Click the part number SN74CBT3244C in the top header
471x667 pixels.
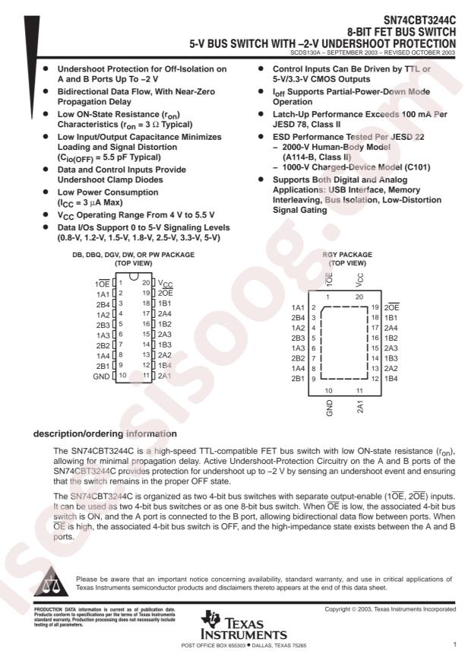(x=419, y=20)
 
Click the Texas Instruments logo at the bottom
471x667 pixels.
(x=244, y=625)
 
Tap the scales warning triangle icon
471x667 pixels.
(x=51, y=581)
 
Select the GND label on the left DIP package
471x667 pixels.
(x=101, y=376)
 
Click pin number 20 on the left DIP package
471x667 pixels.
(x=146, y=282)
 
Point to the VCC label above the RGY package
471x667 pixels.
(x=360, y=279)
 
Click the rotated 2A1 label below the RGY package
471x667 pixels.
(x=360, y=407)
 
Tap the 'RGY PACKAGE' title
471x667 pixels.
(x=347, y=254)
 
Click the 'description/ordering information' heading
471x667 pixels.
(x=105, y=434)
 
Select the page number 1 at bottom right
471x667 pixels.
(x=454, y=644)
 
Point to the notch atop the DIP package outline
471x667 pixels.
(x=134, y=275)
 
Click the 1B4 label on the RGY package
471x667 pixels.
(x=390, y=379)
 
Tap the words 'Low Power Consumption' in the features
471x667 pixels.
(x=108, y=192)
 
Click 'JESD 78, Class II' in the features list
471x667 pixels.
(x=307, y=125)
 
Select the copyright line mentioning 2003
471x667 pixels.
(x=390, y=609)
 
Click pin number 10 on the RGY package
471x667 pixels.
(x=329, y=390)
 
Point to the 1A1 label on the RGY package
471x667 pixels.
(x=298, y=307)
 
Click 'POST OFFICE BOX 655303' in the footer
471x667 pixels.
(x=213, y=645)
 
